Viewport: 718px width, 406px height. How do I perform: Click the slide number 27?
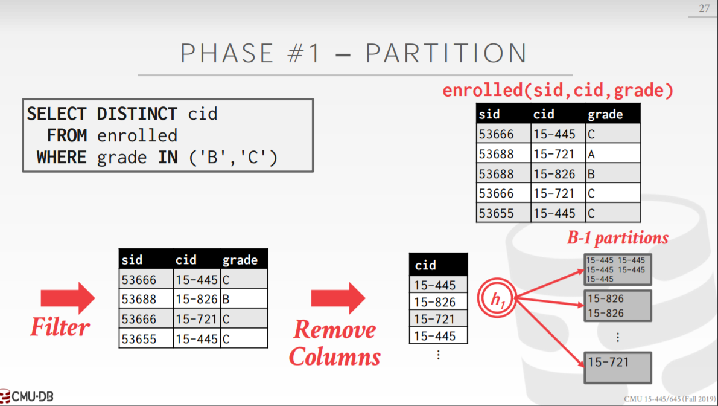tap(704, 8)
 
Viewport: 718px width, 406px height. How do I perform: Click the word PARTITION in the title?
tap(446, 53)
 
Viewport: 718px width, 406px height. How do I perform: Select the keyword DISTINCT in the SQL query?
tap(137, 114)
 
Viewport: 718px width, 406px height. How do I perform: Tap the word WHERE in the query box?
tap(62, 157)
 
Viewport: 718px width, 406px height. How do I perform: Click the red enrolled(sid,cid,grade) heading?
tap(558, 91)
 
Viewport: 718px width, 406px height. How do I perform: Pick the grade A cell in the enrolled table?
tap(612, 153)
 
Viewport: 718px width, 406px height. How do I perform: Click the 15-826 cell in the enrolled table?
tap(558, 174)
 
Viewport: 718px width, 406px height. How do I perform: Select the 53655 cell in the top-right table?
tap(504, 213)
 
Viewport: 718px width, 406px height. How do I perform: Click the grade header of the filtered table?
tap(244, 260)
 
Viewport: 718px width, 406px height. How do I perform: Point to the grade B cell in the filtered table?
tap(244, 299)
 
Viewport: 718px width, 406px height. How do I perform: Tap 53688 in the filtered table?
tap(146, 299)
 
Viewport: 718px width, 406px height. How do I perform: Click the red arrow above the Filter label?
tap(68, 298)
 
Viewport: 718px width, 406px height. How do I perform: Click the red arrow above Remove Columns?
tap(338, 298)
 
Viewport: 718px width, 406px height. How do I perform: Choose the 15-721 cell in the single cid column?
tap(438, 319)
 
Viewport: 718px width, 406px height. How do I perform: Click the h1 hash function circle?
tap(497, 298)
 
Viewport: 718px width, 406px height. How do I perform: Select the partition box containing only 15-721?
tap(618, 367)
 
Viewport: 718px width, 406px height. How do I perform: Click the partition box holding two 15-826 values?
tap(618, 306)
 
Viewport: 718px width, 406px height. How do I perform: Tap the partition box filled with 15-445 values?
tap(618, 269)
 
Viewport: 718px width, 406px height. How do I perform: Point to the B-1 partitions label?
tap(618, 237)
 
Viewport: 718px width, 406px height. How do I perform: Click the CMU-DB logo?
tap(27, 396)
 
